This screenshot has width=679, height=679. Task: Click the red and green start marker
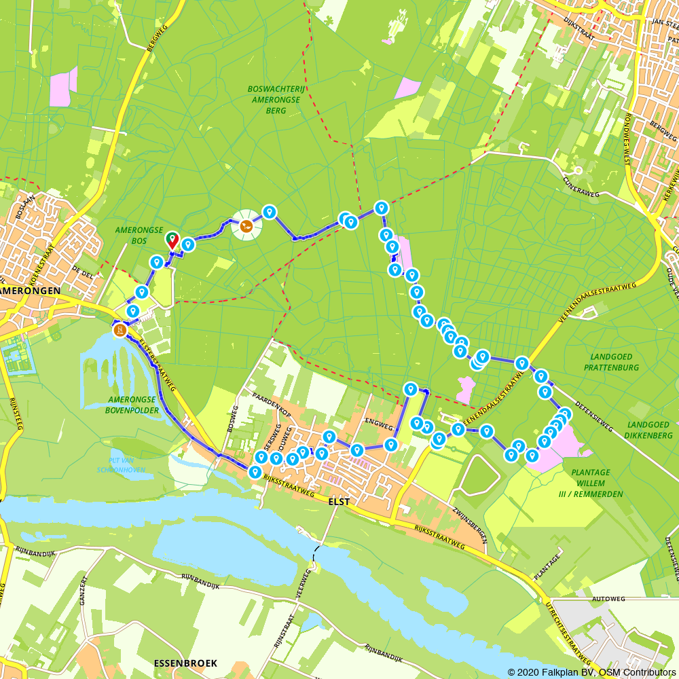[172, 239]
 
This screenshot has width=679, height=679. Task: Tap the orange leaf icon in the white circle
[246, 225]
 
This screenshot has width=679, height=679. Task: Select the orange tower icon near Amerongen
[120, 331]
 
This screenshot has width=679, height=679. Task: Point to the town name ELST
[338, 502]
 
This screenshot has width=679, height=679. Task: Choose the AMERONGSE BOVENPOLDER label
[132, 405]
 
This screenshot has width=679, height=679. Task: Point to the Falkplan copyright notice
[591, 672]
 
